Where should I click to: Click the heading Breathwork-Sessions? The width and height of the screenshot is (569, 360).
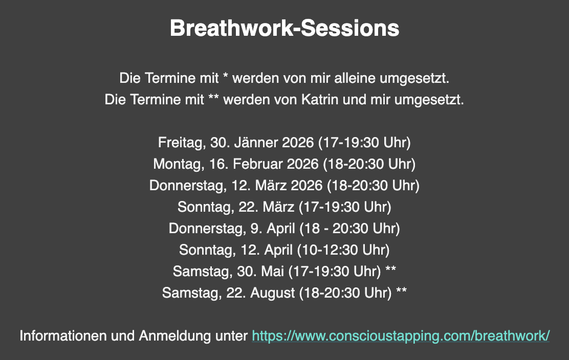[x=284, y=28]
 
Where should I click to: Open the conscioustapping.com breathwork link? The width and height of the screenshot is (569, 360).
[x=401, y=335]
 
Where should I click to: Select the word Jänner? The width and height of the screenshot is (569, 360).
[x=255, y=143]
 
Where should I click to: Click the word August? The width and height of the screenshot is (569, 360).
[x=273, y=293]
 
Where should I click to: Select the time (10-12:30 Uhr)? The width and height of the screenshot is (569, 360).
[x=343, y=250]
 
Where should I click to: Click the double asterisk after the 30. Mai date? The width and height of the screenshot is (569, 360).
[x=390, y=269]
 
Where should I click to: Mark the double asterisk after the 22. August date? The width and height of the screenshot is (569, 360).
[x=401, y=291]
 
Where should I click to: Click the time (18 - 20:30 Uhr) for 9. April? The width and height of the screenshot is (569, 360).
[x=349, y=229]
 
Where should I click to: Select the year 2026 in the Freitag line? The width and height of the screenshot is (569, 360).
[x=298, y=143]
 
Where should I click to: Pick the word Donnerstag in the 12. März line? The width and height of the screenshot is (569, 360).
[x=188, y=186]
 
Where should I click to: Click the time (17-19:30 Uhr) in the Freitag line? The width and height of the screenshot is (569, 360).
[x=364, y=143]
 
